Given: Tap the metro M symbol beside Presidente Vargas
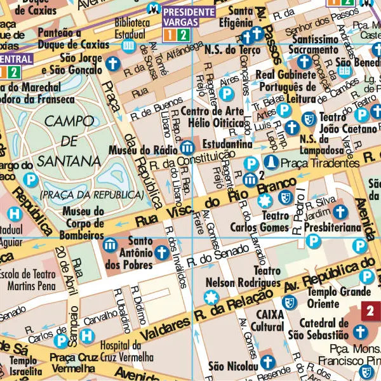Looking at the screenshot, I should click(x=152, y=9).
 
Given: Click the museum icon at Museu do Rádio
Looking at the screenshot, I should click(x=187, y=148).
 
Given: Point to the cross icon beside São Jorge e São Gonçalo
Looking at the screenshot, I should click(x=112, y=63).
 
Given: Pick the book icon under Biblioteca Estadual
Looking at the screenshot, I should click(x=128, y=46).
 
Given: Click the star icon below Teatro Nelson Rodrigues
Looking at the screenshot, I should click(x=210, y=297).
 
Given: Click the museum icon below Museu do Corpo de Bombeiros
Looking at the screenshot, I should click(x=110, y=244).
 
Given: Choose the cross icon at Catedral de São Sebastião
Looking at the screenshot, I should click(x=360, y=331).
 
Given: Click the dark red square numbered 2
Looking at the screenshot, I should click(x=370, y=311).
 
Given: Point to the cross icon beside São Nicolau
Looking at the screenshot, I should click(x=267, y=362).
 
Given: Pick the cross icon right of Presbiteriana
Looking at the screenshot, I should click(x=340, y=211).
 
